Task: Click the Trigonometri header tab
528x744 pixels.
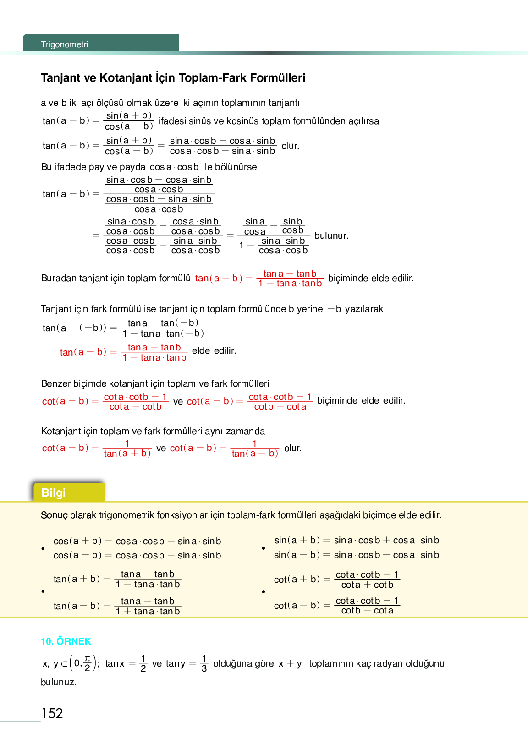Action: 65,44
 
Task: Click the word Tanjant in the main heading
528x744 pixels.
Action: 60,78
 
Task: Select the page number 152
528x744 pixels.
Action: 52,713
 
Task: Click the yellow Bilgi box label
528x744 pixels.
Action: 54,492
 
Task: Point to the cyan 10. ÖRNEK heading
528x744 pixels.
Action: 66,641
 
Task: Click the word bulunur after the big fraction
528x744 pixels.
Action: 331,235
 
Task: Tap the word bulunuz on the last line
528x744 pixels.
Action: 59,682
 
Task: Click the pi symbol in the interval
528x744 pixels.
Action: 88,659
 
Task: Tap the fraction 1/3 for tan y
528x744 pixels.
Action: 204,663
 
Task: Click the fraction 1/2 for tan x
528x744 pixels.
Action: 143,663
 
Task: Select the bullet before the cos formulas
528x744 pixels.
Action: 43,548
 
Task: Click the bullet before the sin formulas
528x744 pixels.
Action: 264,548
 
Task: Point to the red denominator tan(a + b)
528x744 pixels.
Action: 127,454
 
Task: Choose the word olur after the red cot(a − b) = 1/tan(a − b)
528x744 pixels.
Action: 293,448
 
